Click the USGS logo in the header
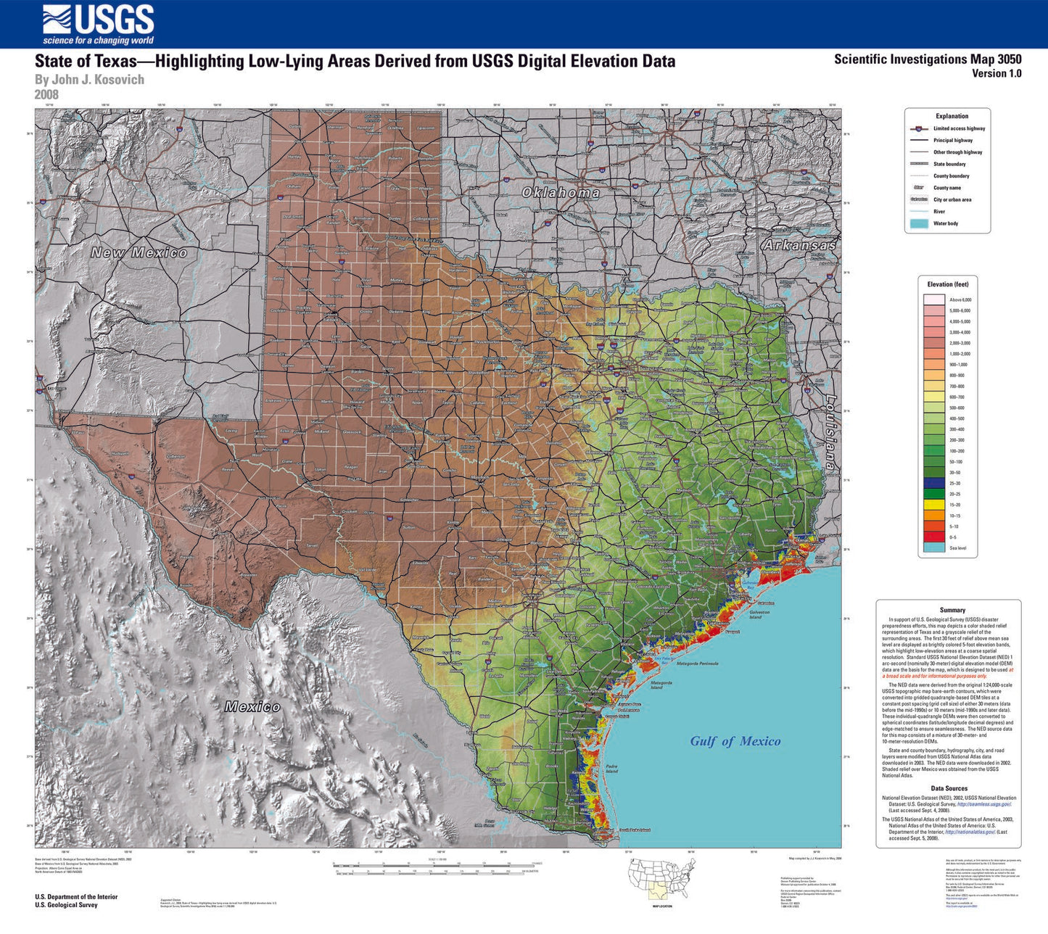coord(98,25)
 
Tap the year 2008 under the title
coord(46,94)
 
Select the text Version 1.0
coord(997,73)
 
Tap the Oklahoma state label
coord(561,192)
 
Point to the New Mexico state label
coord(139,252)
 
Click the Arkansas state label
coord(799,245)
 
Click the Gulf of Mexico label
coord(735,740)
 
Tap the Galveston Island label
coord(759,614)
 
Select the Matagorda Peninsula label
coord(697,663)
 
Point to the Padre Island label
coord(611,768)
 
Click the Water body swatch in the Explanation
coord(918,223)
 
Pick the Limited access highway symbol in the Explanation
coord(918,128)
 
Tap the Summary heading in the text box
coord(952,611)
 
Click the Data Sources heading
coord(949,788)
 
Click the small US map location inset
coord(661,878)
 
